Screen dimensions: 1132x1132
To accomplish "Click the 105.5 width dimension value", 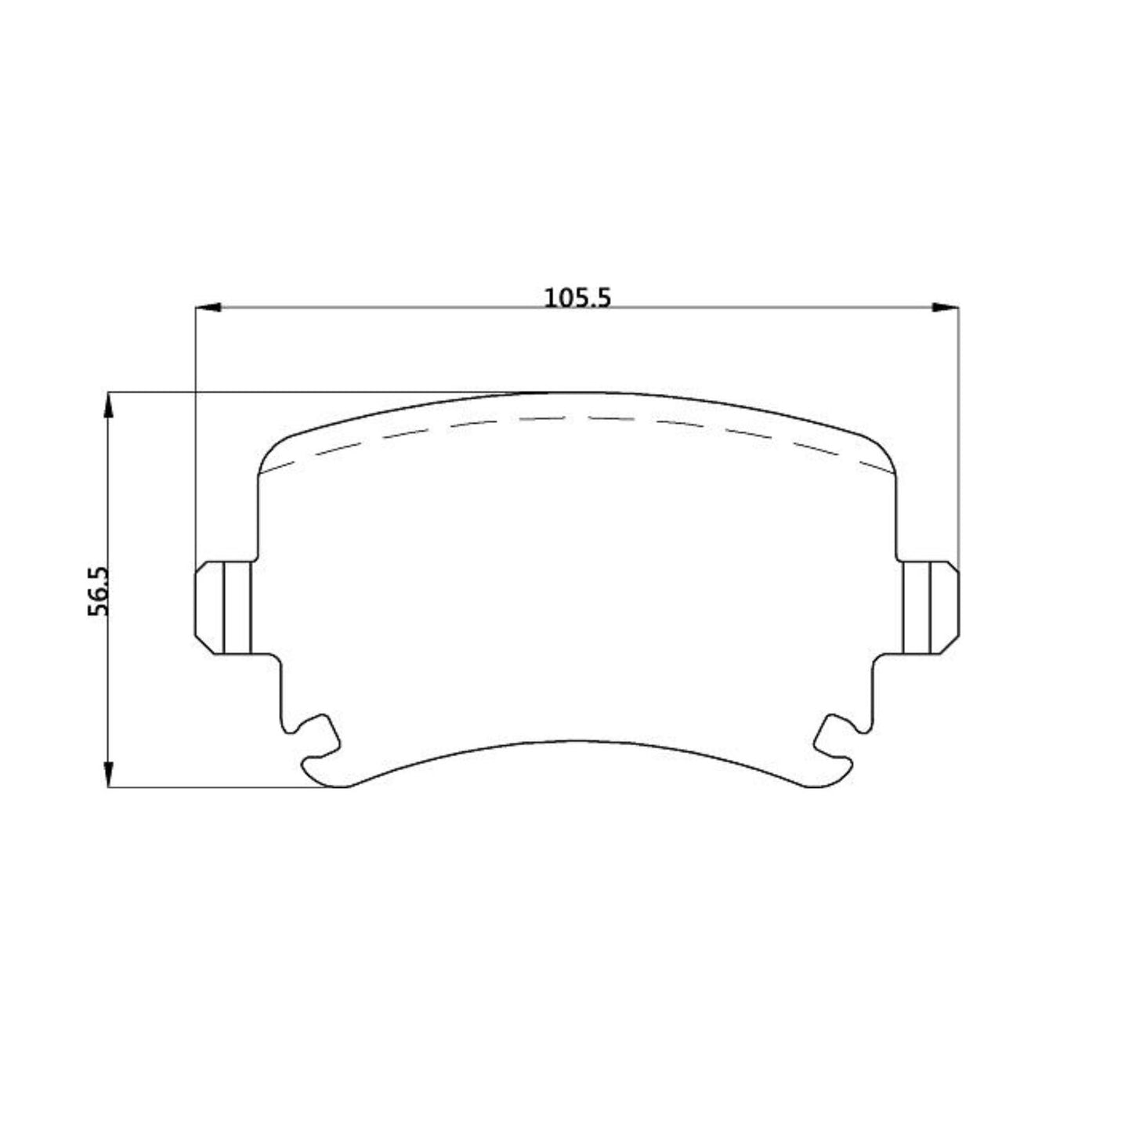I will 577,298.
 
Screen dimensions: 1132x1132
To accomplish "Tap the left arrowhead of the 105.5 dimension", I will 205,308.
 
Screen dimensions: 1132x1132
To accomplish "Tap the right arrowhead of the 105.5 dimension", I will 948,308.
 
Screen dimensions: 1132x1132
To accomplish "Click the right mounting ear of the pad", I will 928,607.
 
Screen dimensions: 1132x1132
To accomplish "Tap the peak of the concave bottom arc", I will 576,741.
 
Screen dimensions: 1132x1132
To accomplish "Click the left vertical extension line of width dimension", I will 195,431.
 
